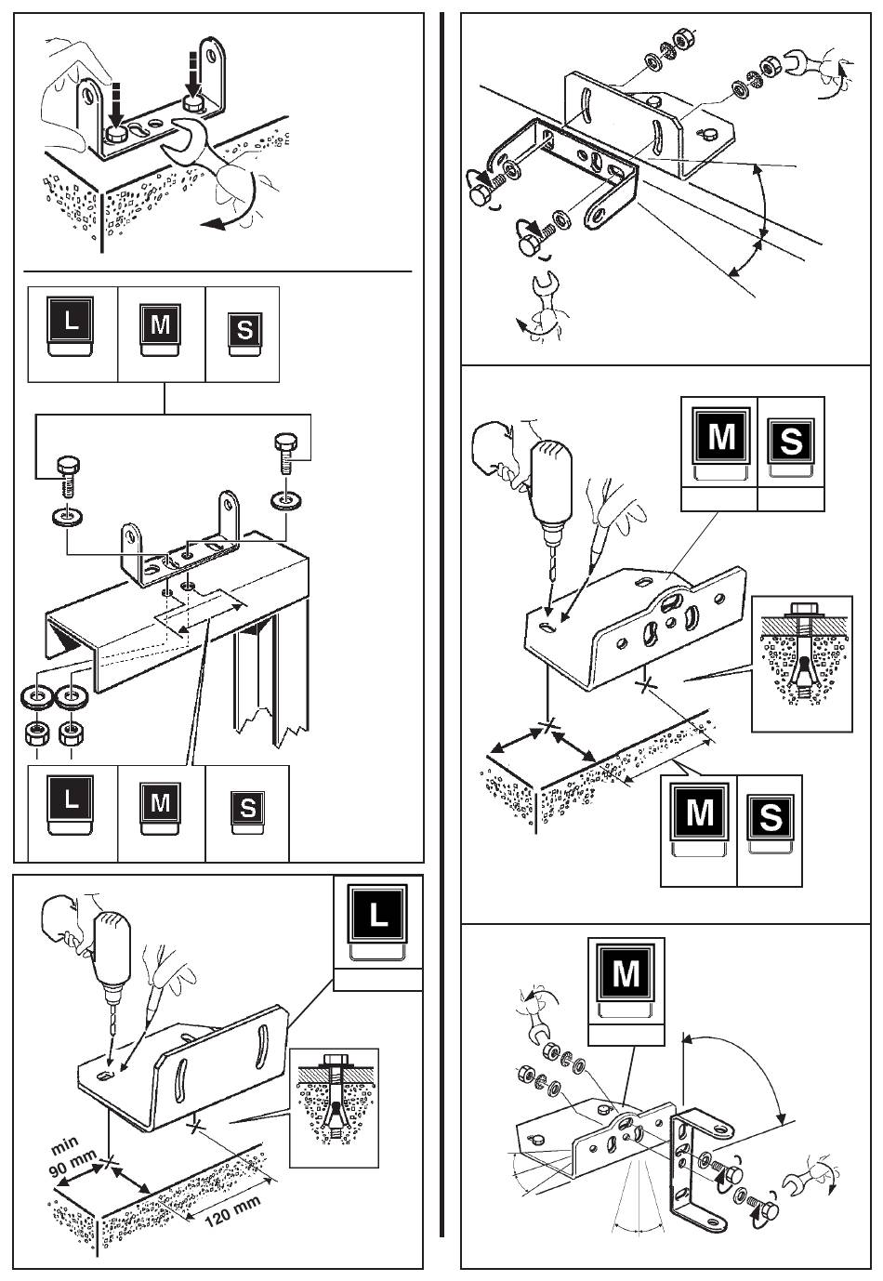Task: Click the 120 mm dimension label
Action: [232, 1210]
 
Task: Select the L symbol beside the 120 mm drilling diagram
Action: [378, 924]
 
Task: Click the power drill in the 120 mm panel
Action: [112, 962]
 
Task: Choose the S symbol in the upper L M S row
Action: [244, 335]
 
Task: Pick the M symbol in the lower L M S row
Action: [160, 809]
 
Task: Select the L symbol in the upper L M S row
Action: [71, 326]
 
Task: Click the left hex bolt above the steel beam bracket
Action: [68, 475]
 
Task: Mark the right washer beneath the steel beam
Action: [71, 697]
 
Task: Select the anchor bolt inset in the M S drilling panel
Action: [802, 664]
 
